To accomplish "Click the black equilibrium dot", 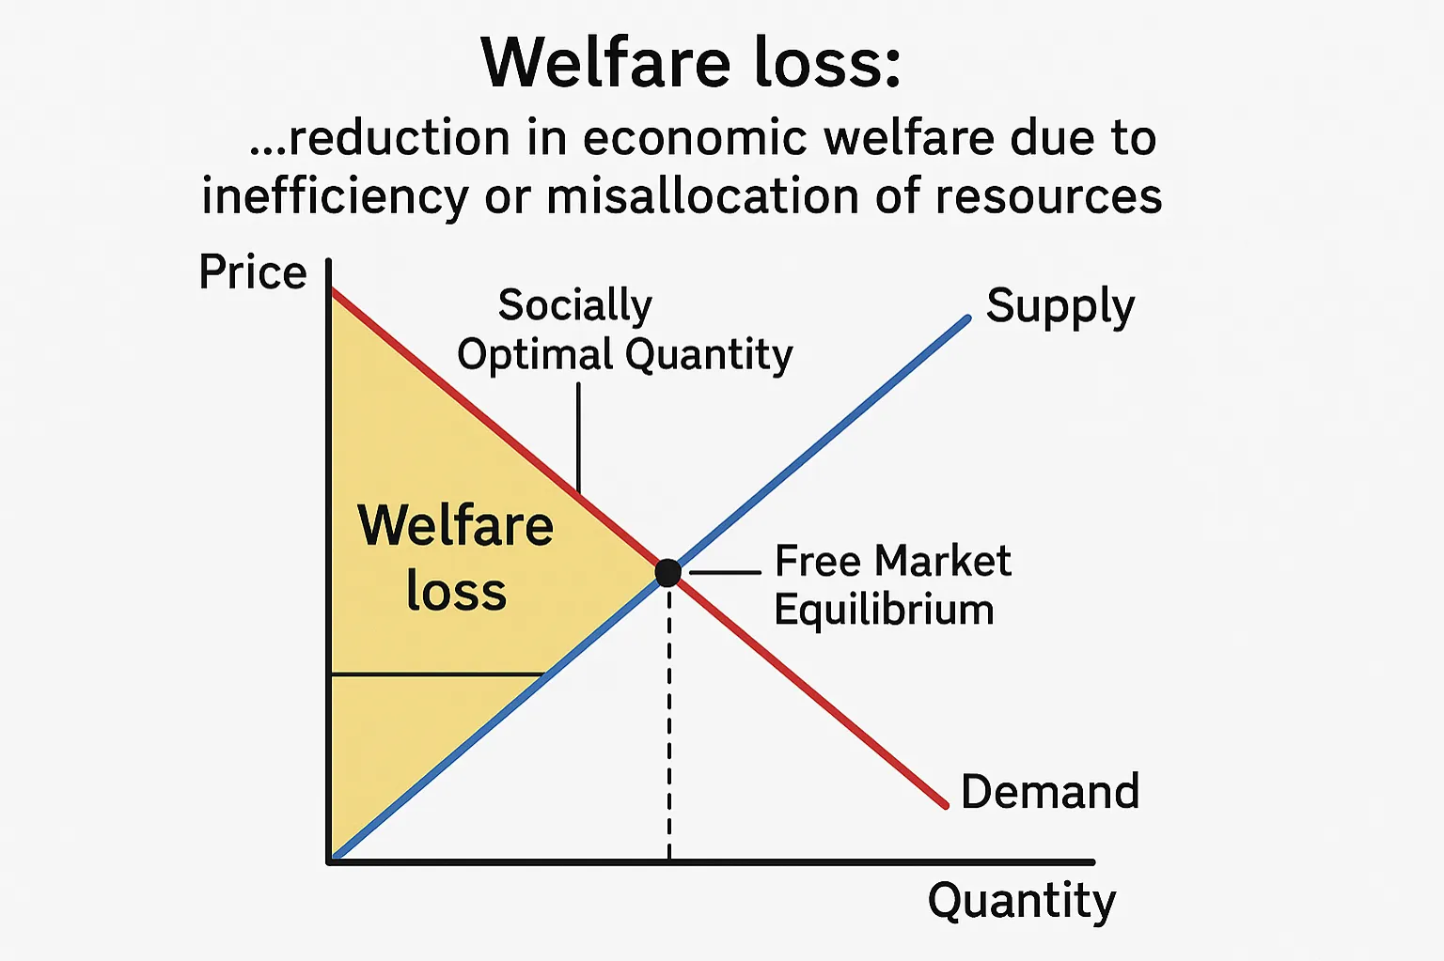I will click(x=667, y=572).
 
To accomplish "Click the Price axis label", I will click(x=253, y=272).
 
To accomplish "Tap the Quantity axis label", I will click(x=1022, y=900).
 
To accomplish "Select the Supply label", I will click(x=1060, y=306).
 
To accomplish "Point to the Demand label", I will click(x=1050, y=791).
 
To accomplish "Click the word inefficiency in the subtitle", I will click(x=335, y=197).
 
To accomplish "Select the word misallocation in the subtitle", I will click(x=702, y=197).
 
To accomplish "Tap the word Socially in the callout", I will click(x=574, y=304).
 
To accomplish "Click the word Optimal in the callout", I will click(x=536, y=355).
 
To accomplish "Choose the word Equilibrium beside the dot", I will click(x=884, y=610).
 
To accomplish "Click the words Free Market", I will click(x=892, y=561).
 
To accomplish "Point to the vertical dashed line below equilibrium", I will click(x=668, y=733).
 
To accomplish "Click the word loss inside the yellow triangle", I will click(x=456, y=592).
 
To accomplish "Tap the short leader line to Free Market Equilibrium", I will click(x=725, y=571).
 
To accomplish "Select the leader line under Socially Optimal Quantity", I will click(x=578, y=437).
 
